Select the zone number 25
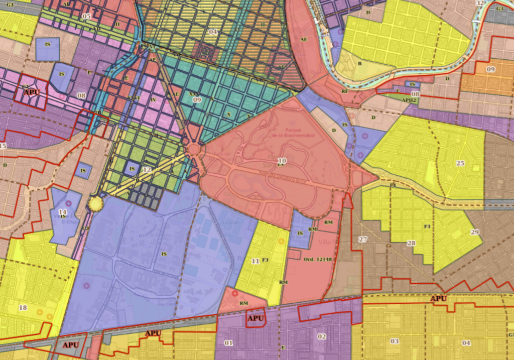(460, 163)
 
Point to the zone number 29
(474, 232)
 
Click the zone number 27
(363, 239)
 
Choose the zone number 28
(411, 243)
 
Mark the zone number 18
(23, 307)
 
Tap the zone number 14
(62, 212)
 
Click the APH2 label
(410, 100)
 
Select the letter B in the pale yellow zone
(359, 64)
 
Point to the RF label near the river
(344, 91)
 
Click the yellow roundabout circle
(95, 203)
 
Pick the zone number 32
(480, 3)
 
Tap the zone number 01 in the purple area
(228, 343)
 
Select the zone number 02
(322, 336)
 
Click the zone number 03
(395, 341)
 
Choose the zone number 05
(87, 16)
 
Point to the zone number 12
(147, 170)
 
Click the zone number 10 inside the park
(282, 160)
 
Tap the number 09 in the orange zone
(490, 69)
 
